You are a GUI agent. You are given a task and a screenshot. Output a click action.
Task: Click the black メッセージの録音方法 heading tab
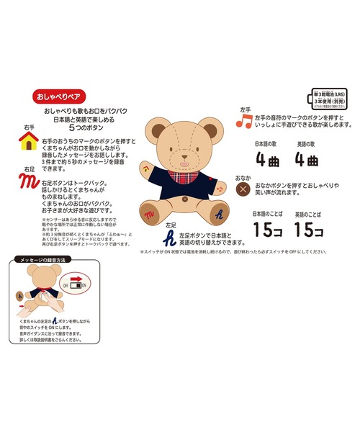pyautogui.click(x=48, y=259)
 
